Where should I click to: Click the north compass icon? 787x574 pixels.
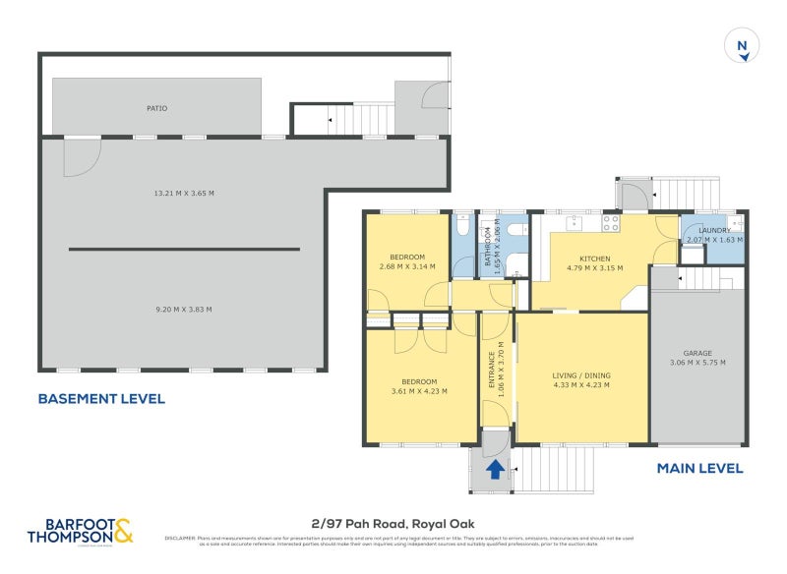(x=743, y=46)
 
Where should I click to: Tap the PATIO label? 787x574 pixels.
(x=157, y=108)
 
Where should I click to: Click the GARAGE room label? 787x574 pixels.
(x=697, y=353)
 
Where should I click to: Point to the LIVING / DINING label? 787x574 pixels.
(x=581, y=375)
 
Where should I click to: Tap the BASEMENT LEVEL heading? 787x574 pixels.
(x=101, y=399)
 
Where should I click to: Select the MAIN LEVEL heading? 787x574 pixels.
(x=699, y=469)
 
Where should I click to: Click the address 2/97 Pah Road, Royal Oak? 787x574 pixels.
(x=393, y=525)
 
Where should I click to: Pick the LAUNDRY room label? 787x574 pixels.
(x=714, y=231)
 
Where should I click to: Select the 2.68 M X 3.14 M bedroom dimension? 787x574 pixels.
(x=407, y=266)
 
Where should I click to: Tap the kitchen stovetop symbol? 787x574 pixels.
(x=610, y=223)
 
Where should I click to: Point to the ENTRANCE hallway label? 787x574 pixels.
(x=493, y=366)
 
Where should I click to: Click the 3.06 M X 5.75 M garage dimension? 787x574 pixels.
(x=697, y=363)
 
